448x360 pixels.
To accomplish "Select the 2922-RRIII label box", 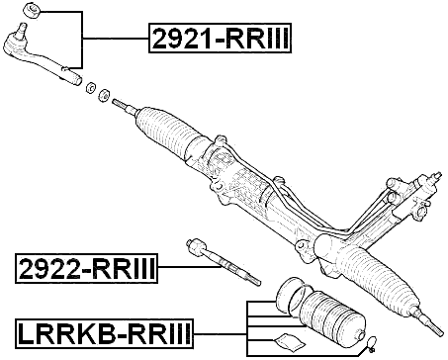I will [x=87, y=268].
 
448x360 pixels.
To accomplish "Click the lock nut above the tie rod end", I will [x=30, y=11].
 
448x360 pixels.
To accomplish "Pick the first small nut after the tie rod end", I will [x=91, y=86].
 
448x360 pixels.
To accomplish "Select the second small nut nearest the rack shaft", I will [x=103, y=93].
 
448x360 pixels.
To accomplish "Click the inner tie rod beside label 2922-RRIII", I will [x=222, y=265].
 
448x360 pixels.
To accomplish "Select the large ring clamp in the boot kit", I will [x=289, y=294].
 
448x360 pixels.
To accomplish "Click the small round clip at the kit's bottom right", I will [x=372, y=345].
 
